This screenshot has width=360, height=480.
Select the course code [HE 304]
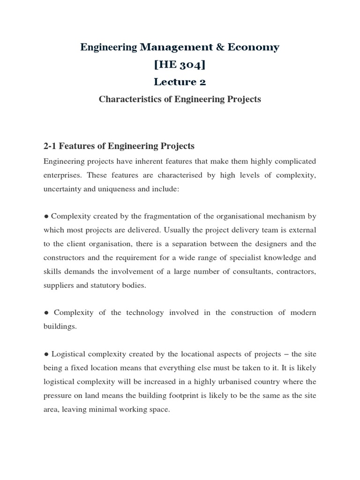click(180, 64)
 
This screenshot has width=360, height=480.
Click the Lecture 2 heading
click(180, 82)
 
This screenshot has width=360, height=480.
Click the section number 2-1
click(52, 146)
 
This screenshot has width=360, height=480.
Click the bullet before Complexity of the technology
click(46, 313)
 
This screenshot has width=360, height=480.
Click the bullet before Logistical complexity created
click(46, 354)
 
